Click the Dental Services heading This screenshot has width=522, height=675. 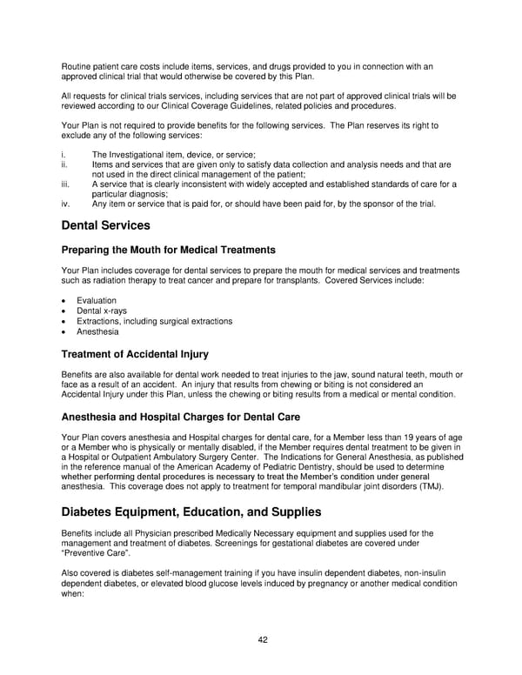106,226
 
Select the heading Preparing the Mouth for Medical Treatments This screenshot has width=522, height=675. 169,251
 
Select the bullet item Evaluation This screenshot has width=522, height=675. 96,300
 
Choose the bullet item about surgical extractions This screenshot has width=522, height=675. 154,321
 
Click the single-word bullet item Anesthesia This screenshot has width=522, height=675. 97,331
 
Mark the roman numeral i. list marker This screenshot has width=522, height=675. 64,154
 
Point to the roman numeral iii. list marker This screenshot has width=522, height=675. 66,184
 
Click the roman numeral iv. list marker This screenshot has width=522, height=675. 66,204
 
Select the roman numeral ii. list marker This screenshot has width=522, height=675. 65,164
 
